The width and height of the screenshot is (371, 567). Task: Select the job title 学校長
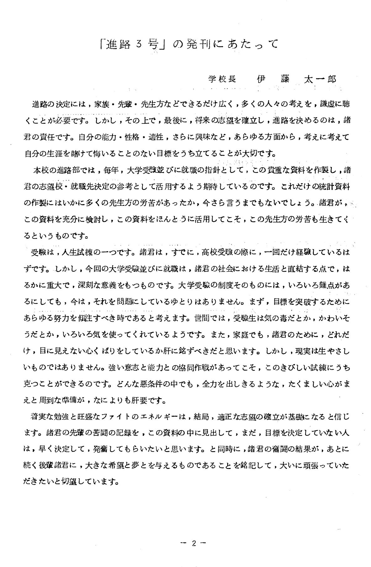click(x=222, y=79)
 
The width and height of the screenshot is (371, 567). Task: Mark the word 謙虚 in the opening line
click(x=329, y=105)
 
